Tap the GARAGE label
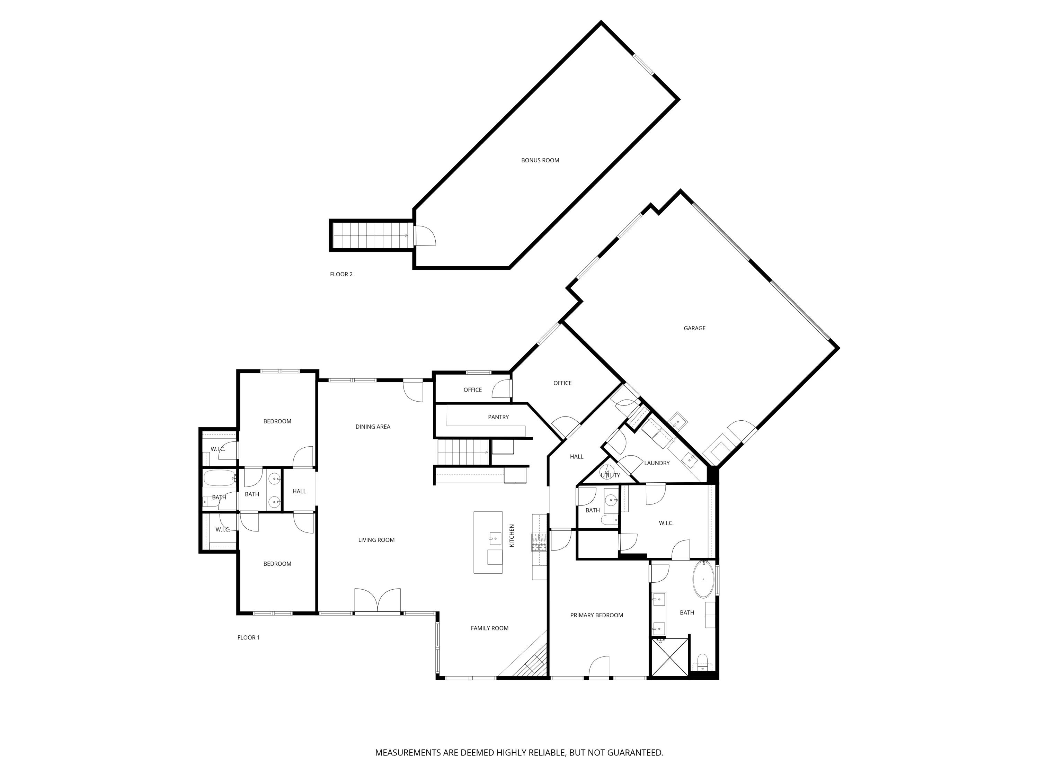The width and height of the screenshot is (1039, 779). point(694,328)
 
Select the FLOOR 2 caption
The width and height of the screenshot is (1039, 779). point(341,274)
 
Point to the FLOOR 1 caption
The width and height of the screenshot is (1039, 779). point(248,637)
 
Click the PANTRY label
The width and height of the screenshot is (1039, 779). point(498,417)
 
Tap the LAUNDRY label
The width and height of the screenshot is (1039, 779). point(657,463)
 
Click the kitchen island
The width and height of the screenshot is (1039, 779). point(488,542)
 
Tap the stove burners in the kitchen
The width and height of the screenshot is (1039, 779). point(539,542)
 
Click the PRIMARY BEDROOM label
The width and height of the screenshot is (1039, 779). point(596,615)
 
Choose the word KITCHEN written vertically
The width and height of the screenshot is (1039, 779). point(512,535)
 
